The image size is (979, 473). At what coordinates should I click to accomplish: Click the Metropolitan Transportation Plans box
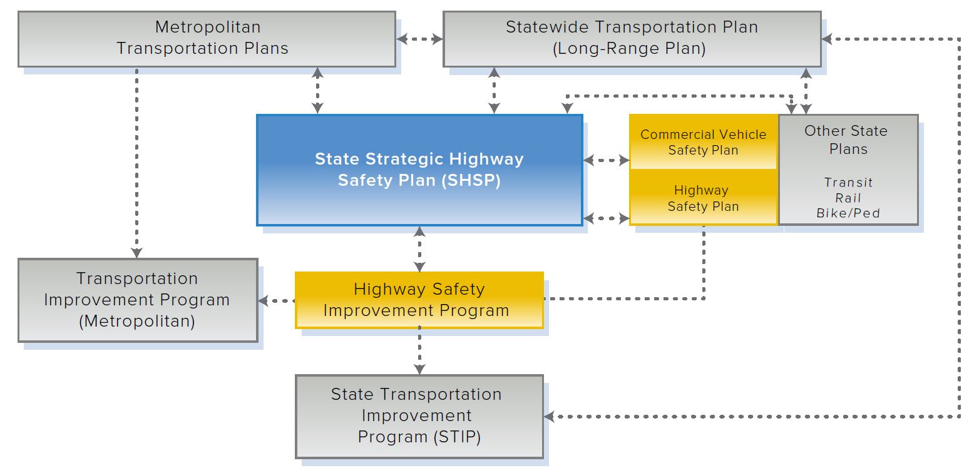pyautogui.click(x=207, y=39)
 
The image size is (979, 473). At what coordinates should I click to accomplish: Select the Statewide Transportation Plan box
pyautogui.click(x=632, y=39)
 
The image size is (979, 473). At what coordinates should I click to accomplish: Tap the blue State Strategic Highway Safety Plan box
pyautogui.click(x=419, y=170)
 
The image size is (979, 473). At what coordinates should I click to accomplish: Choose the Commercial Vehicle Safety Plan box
pyautogui.click(x=703, y=142)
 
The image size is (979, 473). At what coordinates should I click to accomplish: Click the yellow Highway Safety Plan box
pyautogui.click(x=703, y=198)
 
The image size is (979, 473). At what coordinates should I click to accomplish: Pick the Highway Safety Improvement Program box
pyautogui.click(x=419, y=300)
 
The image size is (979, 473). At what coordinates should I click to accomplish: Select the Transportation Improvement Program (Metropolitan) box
pyautogui.click(x=138, y=300)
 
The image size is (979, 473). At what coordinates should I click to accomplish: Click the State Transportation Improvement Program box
pyautogui.click(x=419, y=416)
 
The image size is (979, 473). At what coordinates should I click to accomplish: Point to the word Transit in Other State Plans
pyautogui.click(x=848, y=183)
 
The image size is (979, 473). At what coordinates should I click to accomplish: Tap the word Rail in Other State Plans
pyautogui.click(x=848, y=198)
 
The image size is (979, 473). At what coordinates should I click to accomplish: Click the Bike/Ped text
pyautogui.click(x=848, y=213)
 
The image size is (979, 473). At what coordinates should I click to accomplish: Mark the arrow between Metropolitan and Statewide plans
pyautogui.click(x=419, y=39)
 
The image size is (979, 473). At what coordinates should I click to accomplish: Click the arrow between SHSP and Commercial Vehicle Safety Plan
pyautogui.click(x=606, y=160)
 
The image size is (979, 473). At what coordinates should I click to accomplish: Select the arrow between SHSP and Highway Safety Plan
pyautogui.click(x=606, y=218)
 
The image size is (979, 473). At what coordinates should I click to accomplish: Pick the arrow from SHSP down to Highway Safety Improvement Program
pyautogui.click(x=419, y=249)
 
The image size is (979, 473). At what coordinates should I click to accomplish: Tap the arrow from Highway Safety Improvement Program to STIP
pyautogui.click(x=419, y=351)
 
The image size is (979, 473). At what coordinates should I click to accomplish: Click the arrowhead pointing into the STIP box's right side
pyautogui.click(x=550, y=416)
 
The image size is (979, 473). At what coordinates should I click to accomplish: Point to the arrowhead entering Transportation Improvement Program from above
pyautogui.click(x=137, y=253)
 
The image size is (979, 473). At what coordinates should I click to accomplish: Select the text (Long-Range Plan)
pyautogui.click(x=629, y=48)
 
